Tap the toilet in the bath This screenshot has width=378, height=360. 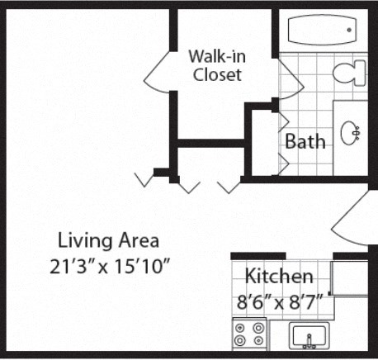click(x=349, y=73)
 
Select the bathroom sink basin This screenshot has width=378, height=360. click(x=354, y=130)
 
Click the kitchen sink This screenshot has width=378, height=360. click(x=309, y=338)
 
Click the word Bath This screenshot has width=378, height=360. click(x=305, y=141)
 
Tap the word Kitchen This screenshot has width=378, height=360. click(x=278, y=276)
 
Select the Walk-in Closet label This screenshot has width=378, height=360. click(x=216, y=65)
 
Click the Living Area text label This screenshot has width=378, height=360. click(x=108, y=241)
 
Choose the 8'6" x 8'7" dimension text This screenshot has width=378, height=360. click(x=278, y=301)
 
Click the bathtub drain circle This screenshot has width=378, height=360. click(x=349, y=30)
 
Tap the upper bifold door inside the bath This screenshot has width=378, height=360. click(x=281, y=124)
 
